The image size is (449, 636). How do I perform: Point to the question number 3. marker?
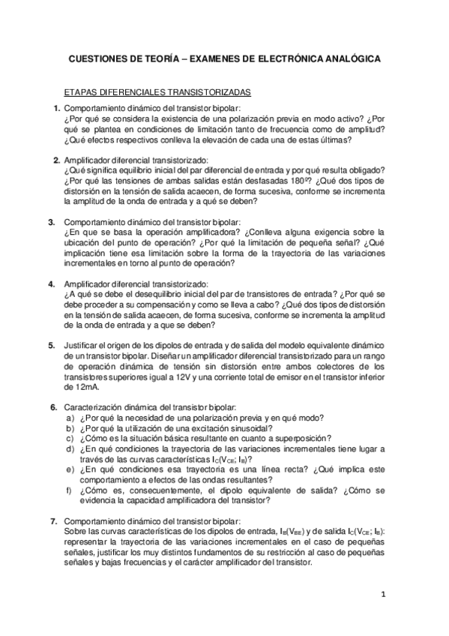[52, 223]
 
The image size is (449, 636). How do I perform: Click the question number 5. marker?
[52, 345]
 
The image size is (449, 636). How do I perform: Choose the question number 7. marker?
[52, 521]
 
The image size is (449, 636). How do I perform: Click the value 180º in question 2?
[297, 181]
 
